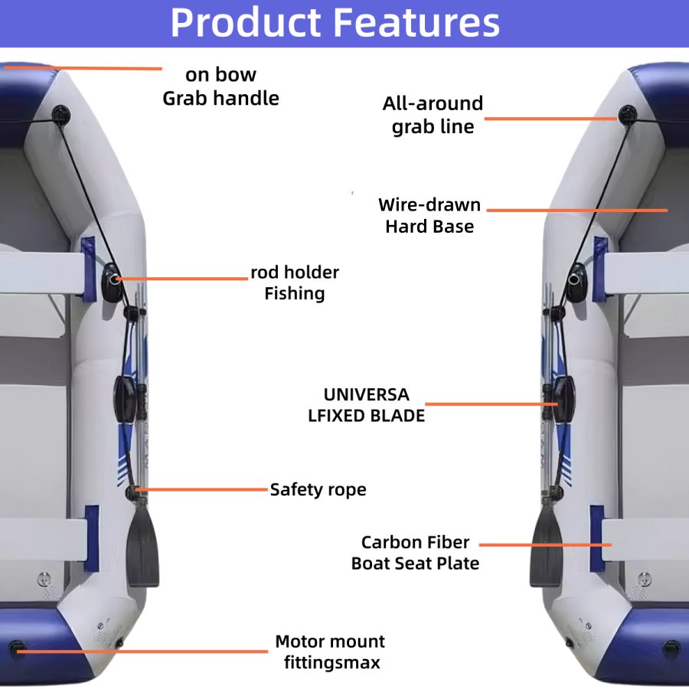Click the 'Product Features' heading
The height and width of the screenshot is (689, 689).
335,23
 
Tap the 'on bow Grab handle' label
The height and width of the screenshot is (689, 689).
220,87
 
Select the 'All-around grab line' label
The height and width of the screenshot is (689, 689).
433,115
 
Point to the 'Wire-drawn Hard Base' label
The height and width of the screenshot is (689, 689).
429,215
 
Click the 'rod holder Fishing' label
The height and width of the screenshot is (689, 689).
295,282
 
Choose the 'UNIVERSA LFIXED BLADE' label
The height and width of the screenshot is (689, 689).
366,405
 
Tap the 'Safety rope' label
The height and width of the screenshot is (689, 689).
318,489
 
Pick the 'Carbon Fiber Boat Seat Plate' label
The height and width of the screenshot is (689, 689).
415,553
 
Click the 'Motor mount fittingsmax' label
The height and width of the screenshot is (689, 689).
330,651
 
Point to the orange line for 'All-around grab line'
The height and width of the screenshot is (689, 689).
550,119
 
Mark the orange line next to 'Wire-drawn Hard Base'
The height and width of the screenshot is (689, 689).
577,209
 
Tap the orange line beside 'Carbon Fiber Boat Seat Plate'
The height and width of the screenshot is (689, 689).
545,544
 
